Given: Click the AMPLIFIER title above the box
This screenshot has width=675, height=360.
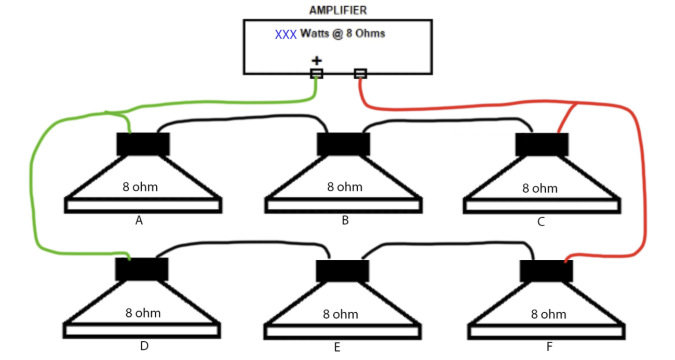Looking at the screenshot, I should (x=337, y=10).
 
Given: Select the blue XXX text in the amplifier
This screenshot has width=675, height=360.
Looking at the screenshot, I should (x=286, y=35).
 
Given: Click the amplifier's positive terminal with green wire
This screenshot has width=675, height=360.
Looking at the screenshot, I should (x=317, y=74).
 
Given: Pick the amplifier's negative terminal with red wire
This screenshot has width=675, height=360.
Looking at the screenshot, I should (x=360, y=74).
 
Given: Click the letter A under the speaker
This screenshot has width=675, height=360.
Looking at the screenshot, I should (x=139, y=221).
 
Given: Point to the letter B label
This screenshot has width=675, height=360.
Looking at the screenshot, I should (x=345, y=220).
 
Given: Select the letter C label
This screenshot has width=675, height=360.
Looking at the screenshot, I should (x=541, y=222).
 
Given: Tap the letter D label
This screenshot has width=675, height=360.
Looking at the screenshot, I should (x=144, y=346).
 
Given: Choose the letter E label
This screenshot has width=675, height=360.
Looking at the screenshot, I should (x=337, y=348).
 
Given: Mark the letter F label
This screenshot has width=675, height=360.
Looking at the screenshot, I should (x=549, y=346).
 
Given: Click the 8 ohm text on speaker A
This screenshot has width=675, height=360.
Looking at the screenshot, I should (x=140, y=187).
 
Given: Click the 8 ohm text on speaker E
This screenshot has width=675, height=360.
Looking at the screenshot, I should (x=341, y=314).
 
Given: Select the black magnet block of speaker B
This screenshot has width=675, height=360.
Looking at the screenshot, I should (x=343, y=144).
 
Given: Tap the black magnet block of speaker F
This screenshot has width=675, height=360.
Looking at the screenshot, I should (x=546, y=271).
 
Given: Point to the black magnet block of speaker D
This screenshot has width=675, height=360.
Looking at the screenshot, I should (x=142, y=269).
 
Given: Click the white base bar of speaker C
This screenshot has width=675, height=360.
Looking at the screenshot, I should (x=542, y=206).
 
